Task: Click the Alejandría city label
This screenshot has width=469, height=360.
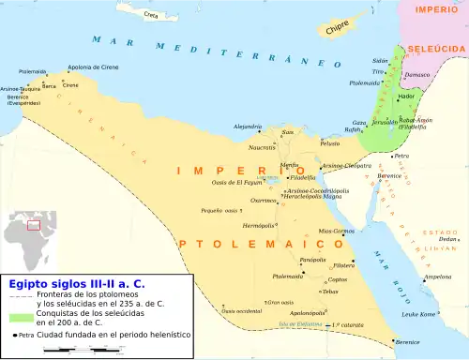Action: pyautogui.click(x=247, y=126)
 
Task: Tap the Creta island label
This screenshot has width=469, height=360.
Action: pyautogui.click(x=151, y=16)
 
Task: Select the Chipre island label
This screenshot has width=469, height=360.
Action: pyautogui.click(x=338, y=29)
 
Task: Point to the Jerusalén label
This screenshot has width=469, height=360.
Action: pyautogui.click(x=385, y=122)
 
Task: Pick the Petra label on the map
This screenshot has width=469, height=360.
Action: pyautogui.click(x=401, y=156)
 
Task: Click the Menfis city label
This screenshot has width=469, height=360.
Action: pyautogui.click(x=289, y=165)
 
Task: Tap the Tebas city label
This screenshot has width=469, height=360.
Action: pyautogui.click(x=328, y=292)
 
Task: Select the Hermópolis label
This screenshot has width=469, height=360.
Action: pyautogui.click(x=258, y=226)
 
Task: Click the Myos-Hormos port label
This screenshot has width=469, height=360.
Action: pyautogui.click(x=336, y=231)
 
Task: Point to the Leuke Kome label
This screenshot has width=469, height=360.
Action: pyautogui.click(x=418, y=314)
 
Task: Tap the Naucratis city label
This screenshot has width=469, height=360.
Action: pyautogui.click(x=262, y=147)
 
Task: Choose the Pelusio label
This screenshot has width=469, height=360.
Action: pyautogui.click(x=330, y=143)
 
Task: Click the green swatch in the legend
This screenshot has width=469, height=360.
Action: pyautogui.click(x=21, y=320)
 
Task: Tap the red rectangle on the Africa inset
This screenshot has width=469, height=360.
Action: pyautogui.click(x=34, y=225)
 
